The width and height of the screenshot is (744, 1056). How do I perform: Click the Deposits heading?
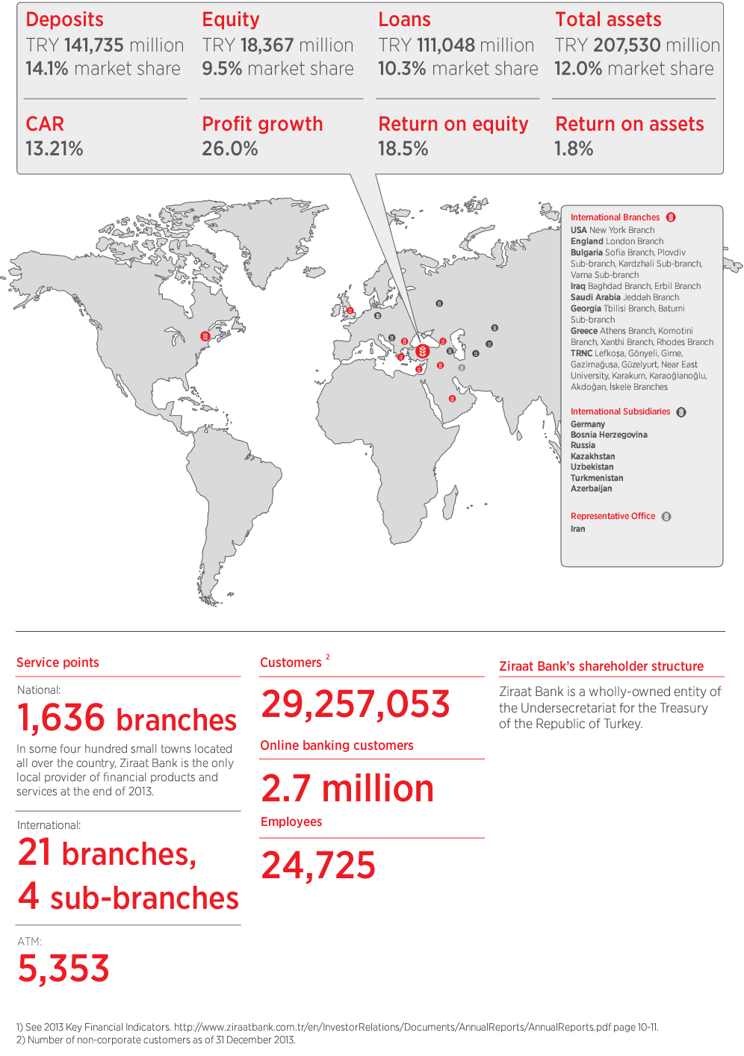click(64, 19)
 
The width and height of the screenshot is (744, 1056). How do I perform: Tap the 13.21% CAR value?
click(54, 149)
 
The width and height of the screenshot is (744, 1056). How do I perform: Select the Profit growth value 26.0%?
click(229, 149)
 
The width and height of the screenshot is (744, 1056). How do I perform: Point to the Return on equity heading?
click(453, 124)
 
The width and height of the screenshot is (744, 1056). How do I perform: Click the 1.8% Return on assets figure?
click(573, 149)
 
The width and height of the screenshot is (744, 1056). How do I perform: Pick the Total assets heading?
click(608, 19)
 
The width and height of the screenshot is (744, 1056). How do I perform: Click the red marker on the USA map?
click(205, 337)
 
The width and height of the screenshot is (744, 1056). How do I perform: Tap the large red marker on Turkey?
click(422, 351)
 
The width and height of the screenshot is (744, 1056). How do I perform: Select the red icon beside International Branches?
click(671, 217)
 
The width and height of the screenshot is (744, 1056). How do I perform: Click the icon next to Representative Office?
click(666, 517)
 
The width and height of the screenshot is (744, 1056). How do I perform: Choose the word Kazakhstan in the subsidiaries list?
click(592, 456)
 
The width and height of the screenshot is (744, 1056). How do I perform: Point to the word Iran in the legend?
click(577, 529)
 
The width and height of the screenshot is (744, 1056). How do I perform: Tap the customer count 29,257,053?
click(356, 704)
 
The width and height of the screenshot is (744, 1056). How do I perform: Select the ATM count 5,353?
click(63, 969)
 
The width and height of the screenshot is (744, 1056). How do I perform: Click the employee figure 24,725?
click(318, 866)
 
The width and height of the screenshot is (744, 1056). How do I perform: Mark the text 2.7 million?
click(347, 789)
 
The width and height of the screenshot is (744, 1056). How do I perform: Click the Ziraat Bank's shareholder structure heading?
click(601, 666)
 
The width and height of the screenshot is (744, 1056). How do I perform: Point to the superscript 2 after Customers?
click(328, 657)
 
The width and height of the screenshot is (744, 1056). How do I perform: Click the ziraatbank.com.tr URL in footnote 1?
click(393, 1027)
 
